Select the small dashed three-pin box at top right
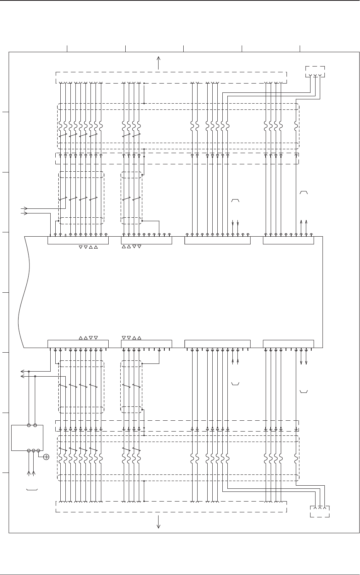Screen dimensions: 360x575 315,72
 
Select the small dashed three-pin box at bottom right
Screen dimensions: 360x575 320,511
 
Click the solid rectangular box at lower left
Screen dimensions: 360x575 27,438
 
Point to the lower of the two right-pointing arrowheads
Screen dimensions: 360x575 26,213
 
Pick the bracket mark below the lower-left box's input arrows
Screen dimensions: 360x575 32,490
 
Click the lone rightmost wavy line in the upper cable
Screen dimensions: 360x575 296,126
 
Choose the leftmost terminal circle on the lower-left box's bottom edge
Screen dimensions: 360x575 29,450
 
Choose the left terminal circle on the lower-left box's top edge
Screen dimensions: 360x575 29,426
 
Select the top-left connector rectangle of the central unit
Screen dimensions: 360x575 78,241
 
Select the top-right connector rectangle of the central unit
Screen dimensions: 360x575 288,241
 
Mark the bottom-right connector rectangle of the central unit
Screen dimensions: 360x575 288,344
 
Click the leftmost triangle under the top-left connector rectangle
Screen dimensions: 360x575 80,247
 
